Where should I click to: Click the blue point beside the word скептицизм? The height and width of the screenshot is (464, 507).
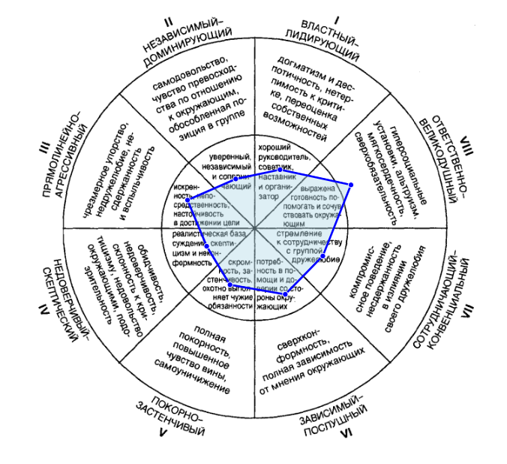pyautogui.click(x=206, y=246)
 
